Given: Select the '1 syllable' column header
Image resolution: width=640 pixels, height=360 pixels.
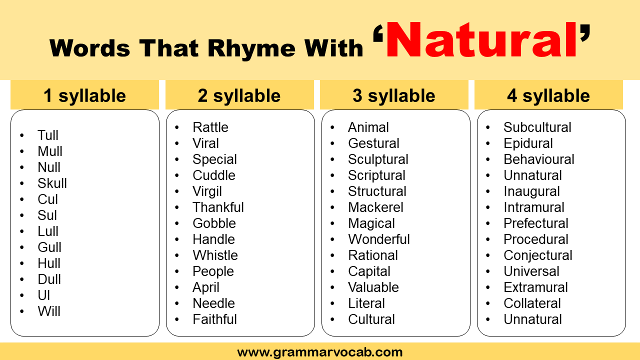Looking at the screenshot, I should click(84, 95).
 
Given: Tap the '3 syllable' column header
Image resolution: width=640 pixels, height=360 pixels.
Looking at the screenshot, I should click(394, 95).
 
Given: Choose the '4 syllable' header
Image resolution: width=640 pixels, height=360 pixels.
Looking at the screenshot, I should click(548, 95).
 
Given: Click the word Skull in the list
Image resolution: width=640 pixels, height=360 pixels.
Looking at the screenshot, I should click(52, 183).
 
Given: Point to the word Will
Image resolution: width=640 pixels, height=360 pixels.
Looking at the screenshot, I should click(49, 311).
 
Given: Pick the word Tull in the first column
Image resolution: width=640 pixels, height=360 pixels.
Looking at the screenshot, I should click(48, 135).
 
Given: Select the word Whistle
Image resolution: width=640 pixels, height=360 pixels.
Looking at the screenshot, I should click(215, 255).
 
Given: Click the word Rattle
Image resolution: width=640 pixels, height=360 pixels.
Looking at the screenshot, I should click(210, 127).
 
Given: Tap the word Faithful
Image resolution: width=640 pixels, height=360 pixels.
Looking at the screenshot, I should click(214, 319).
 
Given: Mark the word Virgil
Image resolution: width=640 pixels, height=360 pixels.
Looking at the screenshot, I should click(207, 191).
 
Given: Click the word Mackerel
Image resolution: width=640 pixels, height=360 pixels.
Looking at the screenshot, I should click(375, 207).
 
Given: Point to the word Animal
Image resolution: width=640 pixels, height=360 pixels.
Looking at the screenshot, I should click(368, 127).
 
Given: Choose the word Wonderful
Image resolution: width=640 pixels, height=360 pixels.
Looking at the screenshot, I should click(379, 239).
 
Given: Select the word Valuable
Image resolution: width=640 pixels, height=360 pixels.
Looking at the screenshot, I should click(373, 287).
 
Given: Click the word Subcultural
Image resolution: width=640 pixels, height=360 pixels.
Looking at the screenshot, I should click(537, 127).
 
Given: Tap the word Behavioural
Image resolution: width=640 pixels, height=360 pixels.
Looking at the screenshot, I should click(538, 159).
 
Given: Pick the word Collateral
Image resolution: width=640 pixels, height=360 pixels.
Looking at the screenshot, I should click(532, 303).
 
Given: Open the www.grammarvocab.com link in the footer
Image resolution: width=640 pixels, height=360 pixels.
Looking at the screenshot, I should click(320, 352).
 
